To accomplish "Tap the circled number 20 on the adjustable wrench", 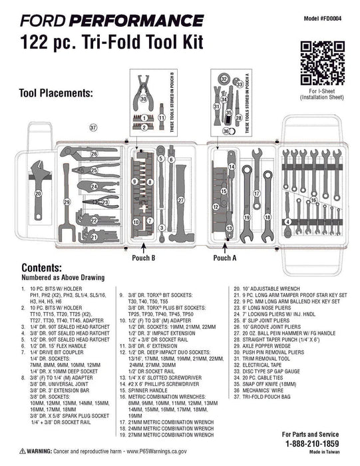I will (38, 194).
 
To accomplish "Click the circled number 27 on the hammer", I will (180, 199).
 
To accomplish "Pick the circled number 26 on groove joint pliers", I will (94, 154).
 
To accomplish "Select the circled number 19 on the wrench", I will (246, 218).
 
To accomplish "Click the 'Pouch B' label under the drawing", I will (144, 256).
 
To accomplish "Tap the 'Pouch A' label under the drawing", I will (224, 256).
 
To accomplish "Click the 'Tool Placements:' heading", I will (57, 93).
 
